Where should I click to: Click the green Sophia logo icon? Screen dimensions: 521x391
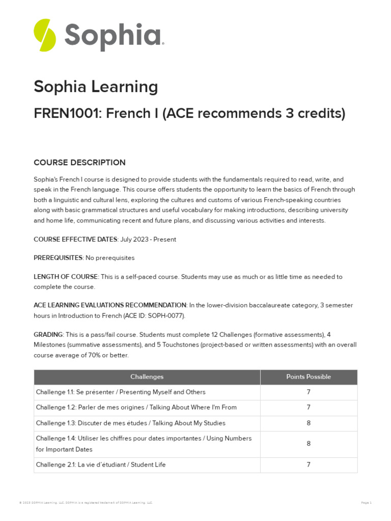[x=45, y=35]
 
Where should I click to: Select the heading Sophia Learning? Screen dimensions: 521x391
[x=96, y=87]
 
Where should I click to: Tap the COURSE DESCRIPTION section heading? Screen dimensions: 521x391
[x=79, y=163]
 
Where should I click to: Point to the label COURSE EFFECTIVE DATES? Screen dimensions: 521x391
[x=75, y=240]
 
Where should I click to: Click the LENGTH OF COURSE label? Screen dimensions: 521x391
[x=66, y=277]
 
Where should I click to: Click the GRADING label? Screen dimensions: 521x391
[x=48, y=334]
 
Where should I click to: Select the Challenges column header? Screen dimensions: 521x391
[x=147, y=377]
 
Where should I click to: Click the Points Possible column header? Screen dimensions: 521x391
[x=309, y=377]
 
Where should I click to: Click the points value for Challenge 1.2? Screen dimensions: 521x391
[x=309, y=408]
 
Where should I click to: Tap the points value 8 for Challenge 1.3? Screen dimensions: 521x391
[x=309, y=423]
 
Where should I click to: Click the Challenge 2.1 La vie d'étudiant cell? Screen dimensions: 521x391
[x=101, y=465]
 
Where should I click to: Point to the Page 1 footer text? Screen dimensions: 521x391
[x=366, y=503]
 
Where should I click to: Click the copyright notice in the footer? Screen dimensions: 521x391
[x=86, y=503]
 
